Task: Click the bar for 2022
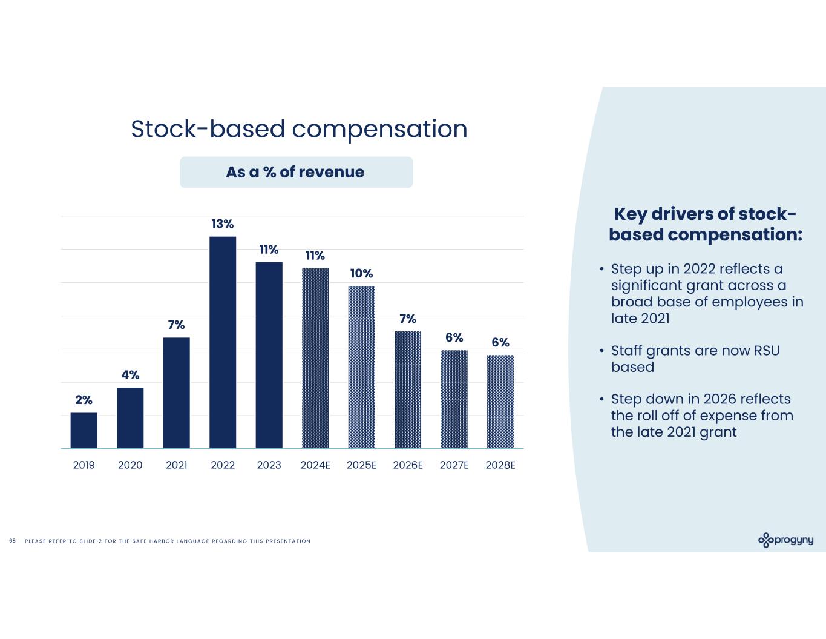(x=223, y=342)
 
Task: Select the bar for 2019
(x=84, y=431)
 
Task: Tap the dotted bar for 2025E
(x=361, y=367)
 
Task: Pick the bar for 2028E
(x=500, y=402)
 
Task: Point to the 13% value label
(x=223, y=224)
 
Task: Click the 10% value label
(x=361, y=274)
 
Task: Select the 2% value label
(x=84, y=400)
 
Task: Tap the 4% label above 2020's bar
(x=130, y=375)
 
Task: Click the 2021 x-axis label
(x=176, y=465)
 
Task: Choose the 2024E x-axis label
(x=315, y=465)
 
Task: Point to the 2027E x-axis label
(x=454, y=465)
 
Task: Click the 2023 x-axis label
(x=269, y=465)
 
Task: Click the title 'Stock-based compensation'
(x=299, y=129)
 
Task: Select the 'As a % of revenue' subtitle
(x=295, y=172)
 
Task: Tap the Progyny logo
(x=785, y=540)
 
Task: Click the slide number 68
(x=12, y=541)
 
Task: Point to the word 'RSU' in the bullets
(x=766, y=351)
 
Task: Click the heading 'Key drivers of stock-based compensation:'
(x=705, y=224)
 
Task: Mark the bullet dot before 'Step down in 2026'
(x=601, y=400)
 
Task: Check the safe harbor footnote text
(x=168, y=541)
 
